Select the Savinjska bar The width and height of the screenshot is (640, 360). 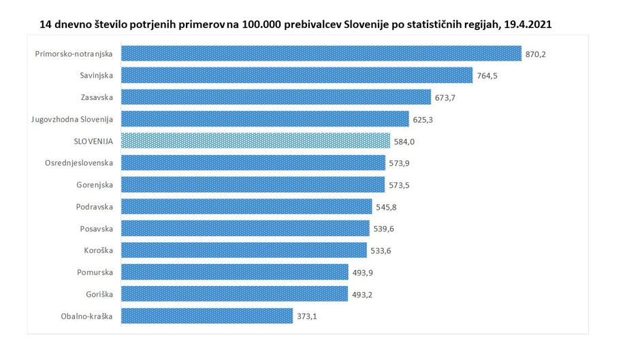click(297, 76)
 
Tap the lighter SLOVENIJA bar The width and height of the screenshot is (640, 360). click(256, 141)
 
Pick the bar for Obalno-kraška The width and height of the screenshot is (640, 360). click(207, 316)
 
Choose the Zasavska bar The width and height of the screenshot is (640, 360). click(276, 97)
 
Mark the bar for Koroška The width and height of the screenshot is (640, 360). click(244, 250)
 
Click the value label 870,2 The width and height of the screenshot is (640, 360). click(536, 54)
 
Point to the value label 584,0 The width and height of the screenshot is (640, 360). click(405, 142)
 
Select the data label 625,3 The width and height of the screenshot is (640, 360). click(423, 120)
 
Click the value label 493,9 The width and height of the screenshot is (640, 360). click(363, 272)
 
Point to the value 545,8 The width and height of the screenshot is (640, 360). click(387, 207)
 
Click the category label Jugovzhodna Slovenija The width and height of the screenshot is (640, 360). click(72, 120)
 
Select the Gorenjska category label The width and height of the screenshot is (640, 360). click(95, 185)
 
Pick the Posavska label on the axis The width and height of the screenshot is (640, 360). click(95, 229)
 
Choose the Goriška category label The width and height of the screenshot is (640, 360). click(99, 294)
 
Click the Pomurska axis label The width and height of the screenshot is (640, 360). click(95, 272)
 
